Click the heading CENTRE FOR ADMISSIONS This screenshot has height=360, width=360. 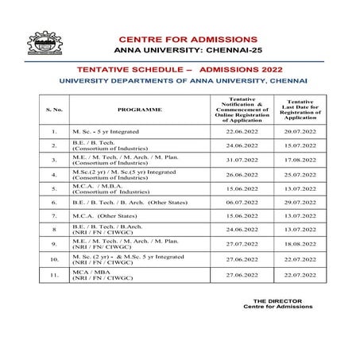[188, 39]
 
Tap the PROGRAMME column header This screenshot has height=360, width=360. [139, 108]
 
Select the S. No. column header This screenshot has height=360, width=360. [54, 108]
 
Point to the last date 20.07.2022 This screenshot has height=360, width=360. [296, 131]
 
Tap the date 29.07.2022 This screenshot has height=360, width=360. [296, 202]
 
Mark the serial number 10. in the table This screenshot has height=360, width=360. [54, 259]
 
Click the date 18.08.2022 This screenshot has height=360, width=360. [296, 244]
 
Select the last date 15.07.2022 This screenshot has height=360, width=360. [296, 145]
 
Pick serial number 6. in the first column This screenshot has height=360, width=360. [54, 202]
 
